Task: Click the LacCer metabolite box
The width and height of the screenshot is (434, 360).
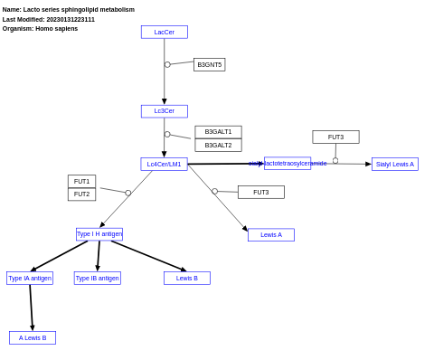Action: pyautogui.click(x=164, y=33)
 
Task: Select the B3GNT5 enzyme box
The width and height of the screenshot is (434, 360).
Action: pyautogui.click(x=209, y=65)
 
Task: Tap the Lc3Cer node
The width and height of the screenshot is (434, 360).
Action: pyautogui.click(x=164, y=111)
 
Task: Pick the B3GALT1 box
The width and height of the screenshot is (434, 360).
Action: pyautogui.click(x=218, y=132)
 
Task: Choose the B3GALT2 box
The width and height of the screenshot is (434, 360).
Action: pyautogui.click(x=218, y=145)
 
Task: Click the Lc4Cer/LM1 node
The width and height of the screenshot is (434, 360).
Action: pyautogui.click(x=164, y=165)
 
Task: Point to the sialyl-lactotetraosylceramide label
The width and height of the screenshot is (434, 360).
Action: pyautogui.click(x=288, y=164)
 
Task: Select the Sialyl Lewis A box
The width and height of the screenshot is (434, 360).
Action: pyautogui.click(x=394, y=165)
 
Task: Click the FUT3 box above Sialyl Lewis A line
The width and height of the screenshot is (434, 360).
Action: pyautogui.click(x=335, y=137)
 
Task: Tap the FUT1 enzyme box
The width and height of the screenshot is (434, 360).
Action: pyautogui.click(x=81, y=182)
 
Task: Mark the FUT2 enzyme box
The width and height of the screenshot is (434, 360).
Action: pyautogui.click(x=81, y=194)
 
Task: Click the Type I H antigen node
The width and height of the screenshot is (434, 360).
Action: pyautogui.click(x=99, y=234)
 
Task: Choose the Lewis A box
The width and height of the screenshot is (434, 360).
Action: pyautogui.click(x=270, y=235)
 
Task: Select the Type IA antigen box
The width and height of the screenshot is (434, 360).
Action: pyautogui.click(x=30, y=279)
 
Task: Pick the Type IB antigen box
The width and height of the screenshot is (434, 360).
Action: pyautogui.click(x=97, y=279)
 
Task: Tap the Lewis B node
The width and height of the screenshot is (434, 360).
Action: pyautogui.click(x=186, y=279)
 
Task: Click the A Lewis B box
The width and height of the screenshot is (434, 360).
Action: pyautogui.click(x=33, y=338)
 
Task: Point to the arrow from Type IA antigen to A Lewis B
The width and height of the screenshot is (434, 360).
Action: pyautogui.click(x=31, y=308)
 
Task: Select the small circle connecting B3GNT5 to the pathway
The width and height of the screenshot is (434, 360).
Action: pyautogui.click(x=167, y=65)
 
